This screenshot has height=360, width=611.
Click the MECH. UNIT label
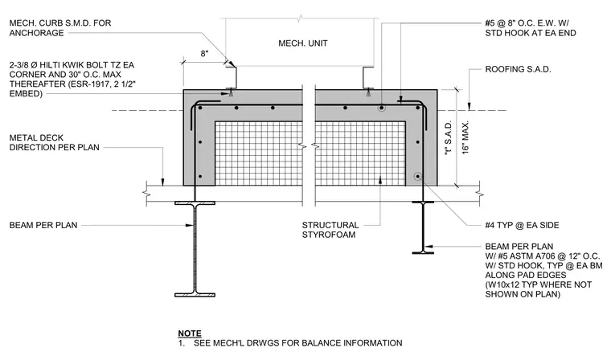303,43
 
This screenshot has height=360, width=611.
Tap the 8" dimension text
204,54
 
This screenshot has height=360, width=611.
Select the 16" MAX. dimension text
465,137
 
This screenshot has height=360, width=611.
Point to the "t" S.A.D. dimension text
449,139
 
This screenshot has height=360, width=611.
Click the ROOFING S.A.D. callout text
518,69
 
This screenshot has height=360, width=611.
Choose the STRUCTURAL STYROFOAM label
330,230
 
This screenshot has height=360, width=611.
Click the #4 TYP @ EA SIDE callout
522,225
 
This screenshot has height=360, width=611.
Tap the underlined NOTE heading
190,333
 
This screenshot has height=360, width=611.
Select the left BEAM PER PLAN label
43,225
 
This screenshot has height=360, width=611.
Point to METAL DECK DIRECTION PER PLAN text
54,142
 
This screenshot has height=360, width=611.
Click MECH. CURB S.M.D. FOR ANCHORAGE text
60,28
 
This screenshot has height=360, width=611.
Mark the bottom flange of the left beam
195,295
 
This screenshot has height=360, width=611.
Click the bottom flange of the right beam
423,253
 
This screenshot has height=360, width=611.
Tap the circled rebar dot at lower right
418,177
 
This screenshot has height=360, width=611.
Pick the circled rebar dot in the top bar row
382,108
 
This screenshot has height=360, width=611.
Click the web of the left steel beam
195,249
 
